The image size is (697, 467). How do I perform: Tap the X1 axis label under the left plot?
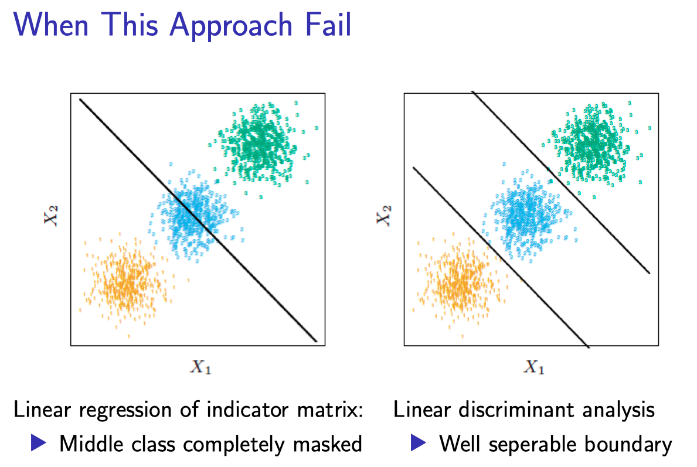pyautogui.click(x=199, y=367)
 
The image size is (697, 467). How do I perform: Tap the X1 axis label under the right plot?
pyautogui.click(x=533, y=367)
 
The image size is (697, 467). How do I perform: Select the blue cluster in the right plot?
pyautogui.click(x=523, y=212)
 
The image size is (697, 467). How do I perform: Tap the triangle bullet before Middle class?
pyautogui.click(x=39, y=444)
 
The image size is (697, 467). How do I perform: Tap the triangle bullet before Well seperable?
pyautogui.click(x=418, y=444)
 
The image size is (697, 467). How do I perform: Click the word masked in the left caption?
pyautogui.click(x=328, y=445)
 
